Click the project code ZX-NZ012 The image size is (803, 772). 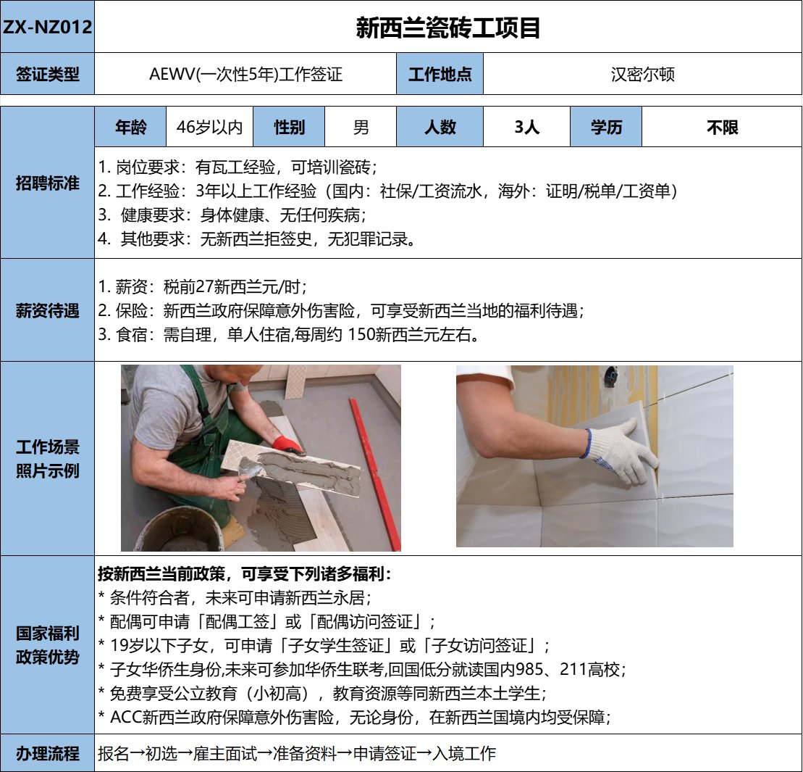[47, 27]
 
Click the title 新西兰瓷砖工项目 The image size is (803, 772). [448, 27]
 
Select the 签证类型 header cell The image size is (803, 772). [47, 74]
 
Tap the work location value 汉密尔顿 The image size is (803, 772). [643, 75]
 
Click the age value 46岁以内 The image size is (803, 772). [209, 127]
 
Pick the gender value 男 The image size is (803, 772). [361, 127]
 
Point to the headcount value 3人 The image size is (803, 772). [527, 127]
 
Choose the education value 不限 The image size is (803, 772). [722, 127]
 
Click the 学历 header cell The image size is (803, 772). [606, 127]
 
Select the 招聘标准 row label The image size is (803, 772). [47, 183]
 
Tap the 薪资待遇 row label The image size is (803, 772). [47, 311]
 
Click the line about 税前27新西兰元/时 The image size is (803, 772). [203, 286]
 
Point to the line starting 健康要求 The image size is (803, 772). [233, 215]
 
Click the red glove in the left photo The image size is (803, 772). [287, 446]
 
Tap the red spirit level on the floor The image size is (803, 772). [375, 473]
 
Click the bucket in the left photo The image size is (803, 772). [180, 529]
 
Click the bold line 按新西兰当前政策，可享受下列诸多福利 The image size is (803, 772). [244, 573]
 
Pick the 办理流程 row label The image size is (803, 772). [47, 753]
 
